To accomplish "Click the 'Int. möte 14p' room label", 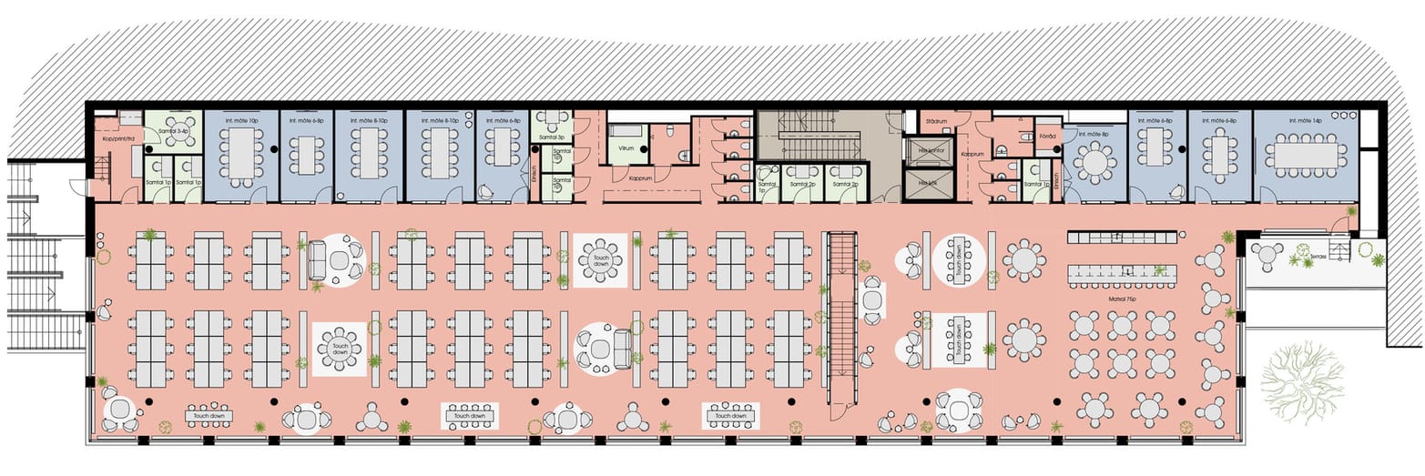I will point(1305,120).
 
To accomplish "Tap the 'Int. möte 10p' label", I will point(240,120).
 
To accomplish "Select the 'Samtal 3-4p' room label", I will point(173,131).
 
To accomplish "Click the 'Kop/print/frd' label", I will point(118,138).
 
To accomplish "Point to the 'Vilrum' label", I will point(626,147).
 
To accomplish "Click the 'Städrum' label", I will point(937,120).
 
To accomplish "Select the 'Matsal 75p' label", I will point(1120,297).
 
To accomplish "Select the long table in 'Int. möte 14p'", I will point(1305,156).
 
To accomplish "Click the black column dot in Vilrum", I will point(644,147).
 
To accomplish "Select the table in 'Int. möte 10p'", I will point(240,153).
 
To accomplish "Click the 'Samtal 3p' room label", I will point(548,137).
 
